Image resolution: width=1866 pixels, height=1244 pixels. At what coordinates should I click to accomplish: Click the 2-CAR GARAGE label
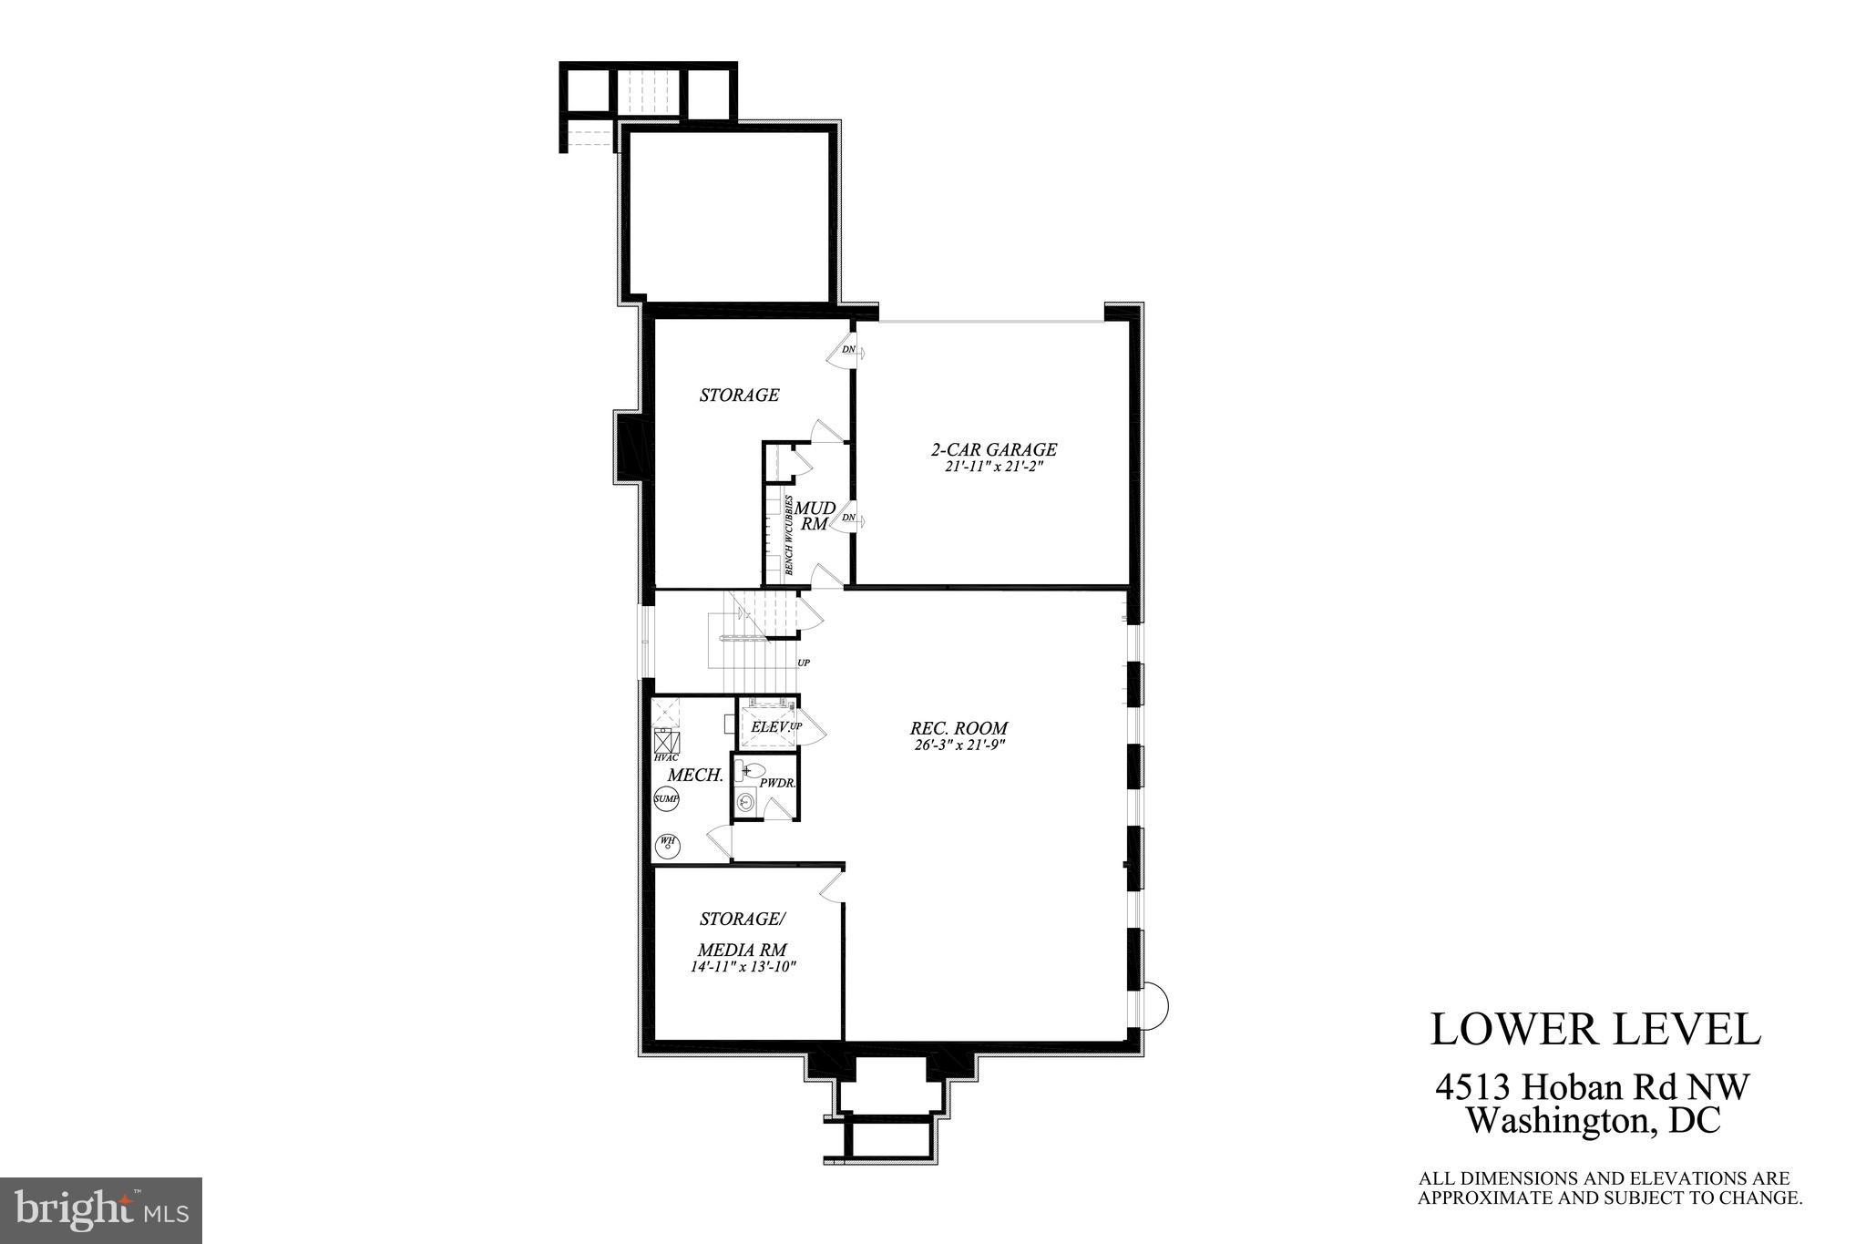pyautogui.click(x=993, y=449)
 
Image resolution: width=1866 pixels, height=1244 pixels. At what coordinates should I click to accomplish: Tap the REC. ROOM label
pyautogui.click(x=959, y=728)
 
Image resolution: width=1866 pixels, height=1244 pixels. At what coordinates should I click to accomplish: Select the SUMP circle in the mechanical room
pyautogui.click(x=666, y=799)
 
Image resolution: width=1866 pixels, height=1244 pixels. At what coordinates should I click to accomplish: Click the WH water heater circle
pyautogui.click(x=668, y=843)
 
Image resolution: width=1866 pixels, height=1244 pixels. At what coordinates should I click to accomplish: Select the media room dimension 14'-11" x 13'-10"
pyautogui.click(x=743, y=968)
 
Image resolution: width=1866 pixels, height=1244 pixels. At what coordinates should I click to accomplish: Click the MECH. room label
pyautogui.click(x=695, y=776)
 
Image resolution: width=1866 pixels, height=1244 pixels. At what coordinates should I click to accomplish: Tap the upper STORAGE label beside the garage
pyautogui.click(x=739, y=395)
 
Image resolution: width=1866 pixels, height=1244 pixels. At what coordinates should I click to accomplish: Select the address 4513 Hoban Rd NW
pyautogui.click(x=1592, y=1087)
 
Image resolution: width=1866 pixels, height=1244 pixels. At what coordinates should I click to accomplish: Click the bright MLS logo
pyautogui.click(x=101, y=1210)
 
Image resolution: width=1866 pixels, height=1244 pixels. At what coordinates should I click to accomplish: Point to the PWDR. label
pyautogui.click(x=778, y=783)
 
